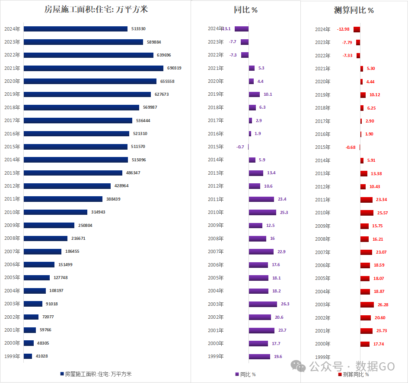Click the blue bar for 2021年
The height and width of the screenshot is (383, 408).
point(93,68)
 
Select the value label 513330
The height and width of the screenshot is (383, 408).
point(138,29)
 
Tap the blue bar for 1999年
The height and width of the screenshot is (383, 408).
point(28,356)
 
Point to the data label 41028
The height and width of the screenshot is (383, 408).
point(41,356)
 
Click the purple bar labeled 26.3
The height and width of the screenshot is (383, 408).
point(263,304)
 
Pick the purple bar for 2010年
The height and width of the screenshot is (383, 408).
point(262,212)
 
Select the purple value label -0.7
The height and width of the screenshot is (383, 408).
point(240,147)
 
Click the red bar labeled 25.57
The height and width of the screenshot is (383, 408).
point(367,213)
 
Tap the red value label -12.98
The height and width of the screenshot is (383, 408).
point(343,29)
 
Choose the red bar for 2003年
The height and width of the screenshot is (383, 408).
point(367,305)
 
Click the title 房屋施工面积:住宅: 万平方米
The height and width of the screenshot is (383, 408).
point(96,9)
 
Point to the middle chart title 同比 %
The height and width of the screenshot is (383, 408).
point(245,10)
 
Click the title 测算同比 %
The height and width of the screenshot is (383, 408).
point(354,10)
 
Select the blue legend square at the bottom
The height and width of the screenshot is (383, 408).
point(62,374)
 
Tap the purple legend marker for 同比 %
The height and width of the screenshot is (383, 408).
point(237,374)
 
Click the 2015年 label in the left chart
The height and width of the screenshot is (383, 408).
point(12,147)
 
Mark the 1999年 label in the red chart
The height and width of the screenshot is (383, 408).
point(323,357)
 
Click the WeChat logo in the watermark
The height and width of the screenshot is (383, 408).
point(298,366)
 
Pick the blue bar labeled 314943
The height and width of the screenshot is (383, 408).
point(55,212)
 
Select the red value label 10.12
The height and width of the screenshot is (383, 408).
point(375,95)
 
